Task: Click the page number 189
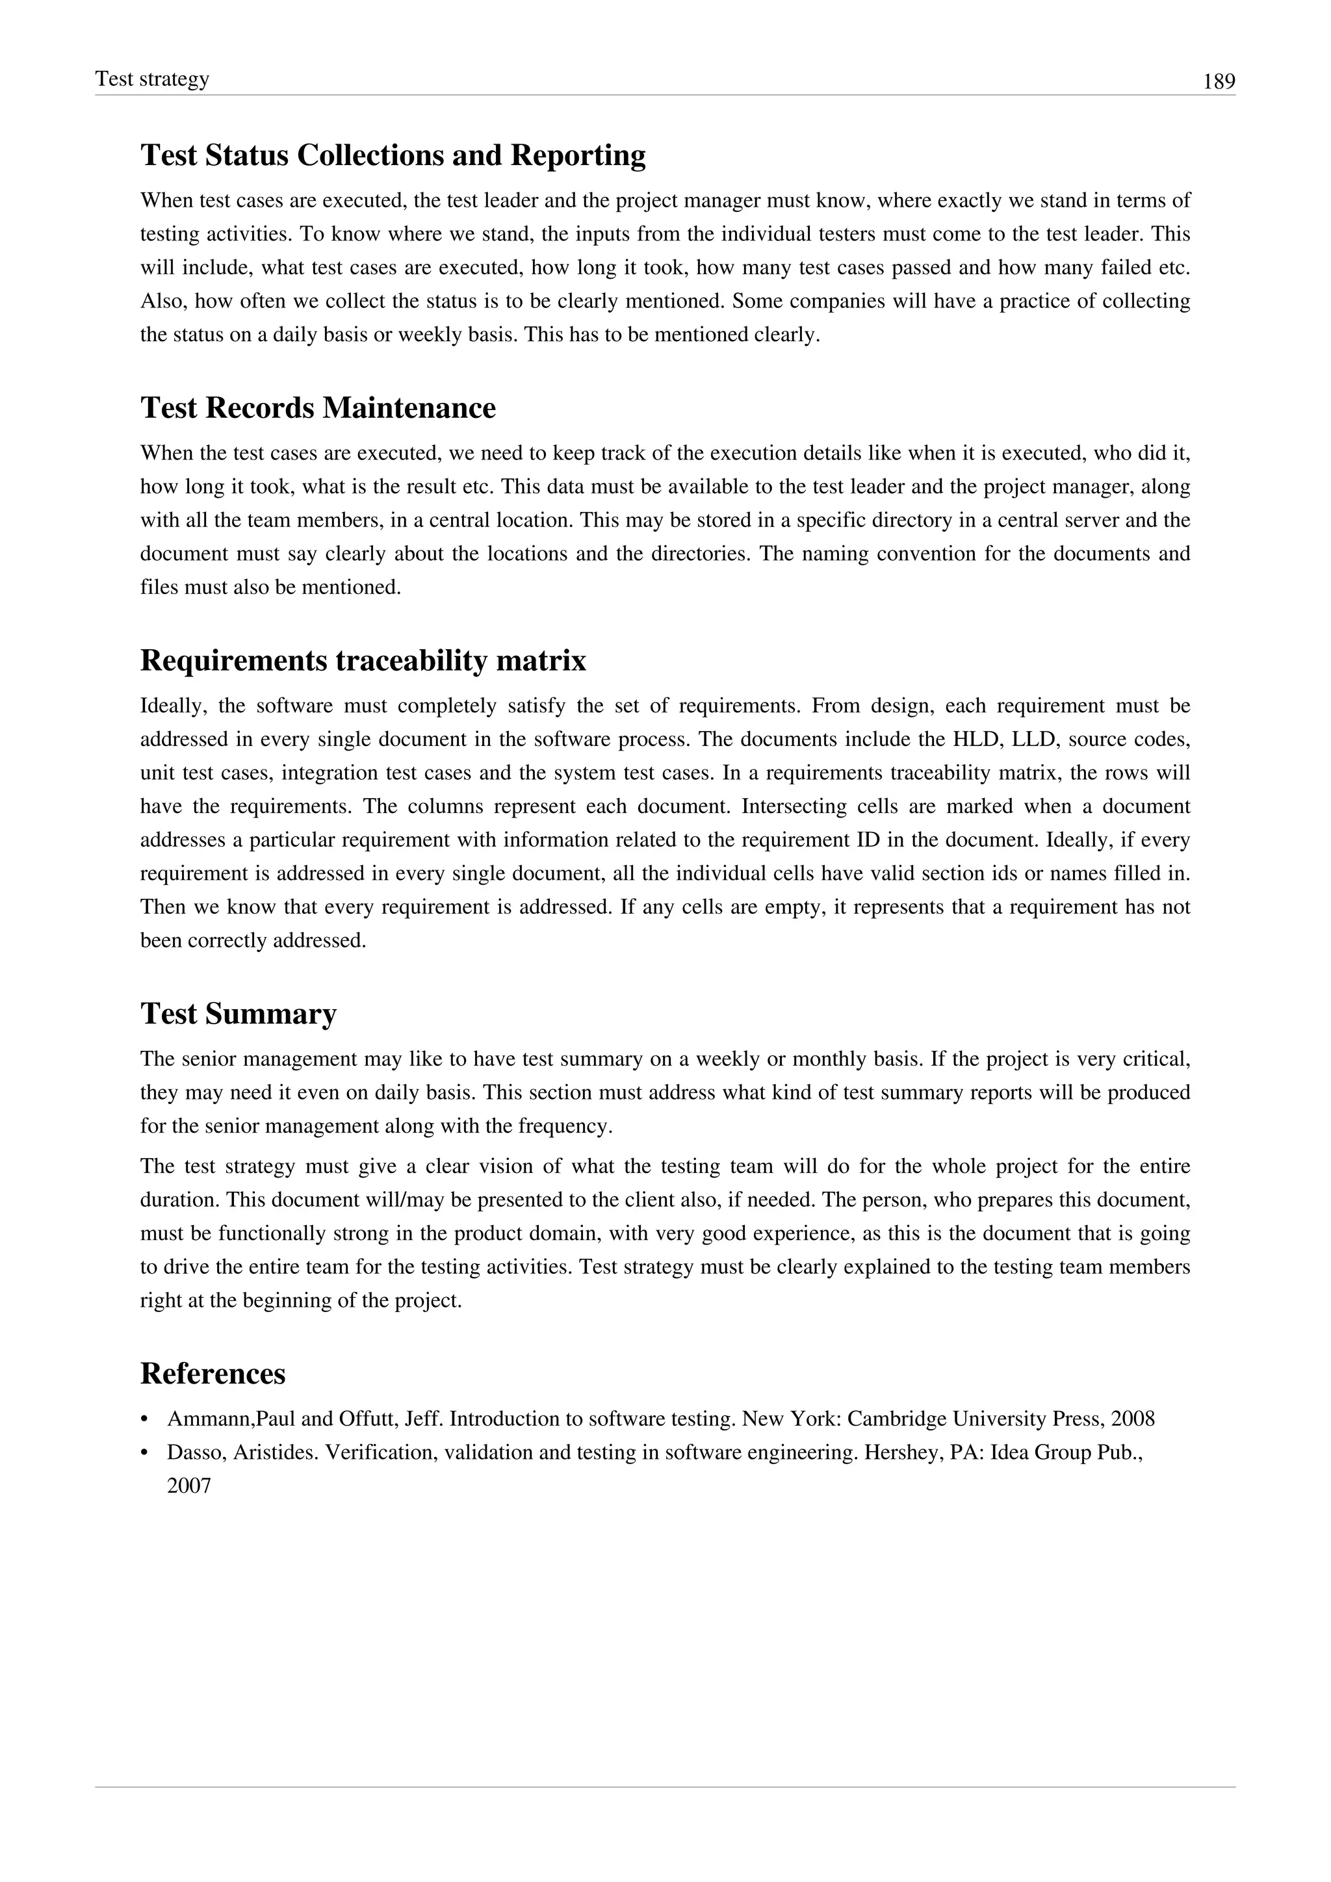pyautogui.click(x=1218, y=82)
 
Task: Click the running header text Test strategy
pyautogui.click(x=153, y=79)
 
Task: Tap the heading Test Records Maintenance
pyautogui.click(x=318, y=407)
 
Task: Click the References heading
pyautogui.click(x=213, y=1373)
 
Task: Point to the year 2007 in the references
pyautogui.click(x=189, y=1486)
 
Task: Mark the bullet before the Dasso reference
pyautogui.click(x=145, y=1453)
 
